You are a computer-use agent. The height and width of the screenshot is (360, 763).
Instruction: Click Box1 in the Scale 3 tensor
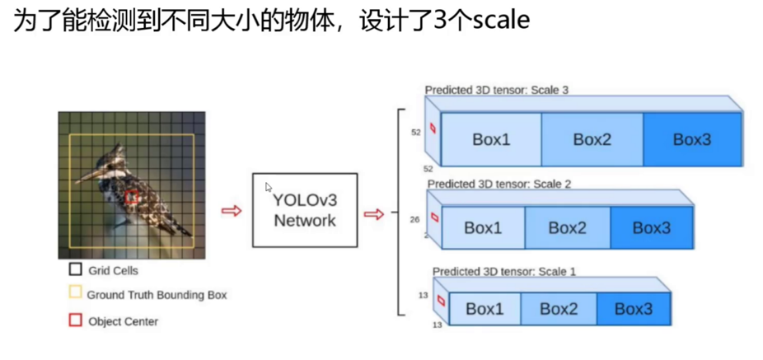coord(491,139)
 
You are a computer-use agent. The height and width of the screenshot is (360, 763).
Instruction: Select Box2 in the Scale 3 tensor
coord(592,139)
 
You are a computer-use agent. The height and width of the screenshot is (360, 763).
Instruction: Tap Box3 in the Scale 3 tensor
coord(692,139)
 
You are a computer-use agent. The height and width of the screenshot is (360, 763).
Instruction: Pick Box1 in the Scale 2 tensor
coord(483,228)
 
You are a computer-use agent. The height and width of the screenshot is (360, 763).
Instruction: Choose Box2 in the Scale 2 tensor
coord(567,228)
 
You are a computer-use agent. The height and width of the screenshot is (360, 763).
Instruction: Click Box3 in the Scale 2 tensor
coord(651,228)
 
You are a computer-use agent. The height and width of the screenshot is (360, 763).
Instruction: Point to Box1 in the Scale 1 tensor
coord(484,309)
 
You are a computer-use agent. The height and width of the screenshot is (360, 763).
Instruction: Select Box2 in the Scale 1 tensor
coord(559,309)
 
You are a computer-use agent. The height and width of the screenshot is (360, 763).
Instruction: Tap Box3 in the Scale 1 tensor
coord(633,309)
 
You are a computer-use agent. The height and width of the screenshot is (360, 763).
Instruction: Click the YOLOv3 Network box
coord(305,210)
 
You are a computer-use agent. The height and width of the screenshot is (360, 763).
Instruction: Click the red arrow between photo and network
coord(232,211)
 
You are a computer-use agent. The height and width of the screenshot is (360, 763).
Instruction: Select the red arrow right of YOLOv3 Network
coord(374,214)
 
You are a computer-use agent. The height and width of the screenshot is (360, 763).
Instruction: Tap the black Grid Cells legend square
coord(75,269)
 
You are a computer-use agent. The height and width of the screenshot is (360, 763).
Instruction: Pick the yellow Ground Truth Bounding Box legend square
coord(75,292)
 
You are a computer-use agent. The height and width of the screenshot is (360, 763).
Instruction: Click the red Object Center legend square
coord(75,320)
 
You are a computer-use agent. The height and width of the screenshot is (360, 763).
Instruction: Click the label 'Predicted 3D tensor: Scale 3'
coord(497,89)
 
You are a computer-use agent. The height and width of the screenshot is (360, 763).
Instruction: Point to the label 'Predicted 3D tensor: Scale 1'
coord(504,271)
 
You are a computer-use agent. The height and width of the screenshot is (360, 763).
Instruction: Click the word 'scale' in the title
coord(501,20)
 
